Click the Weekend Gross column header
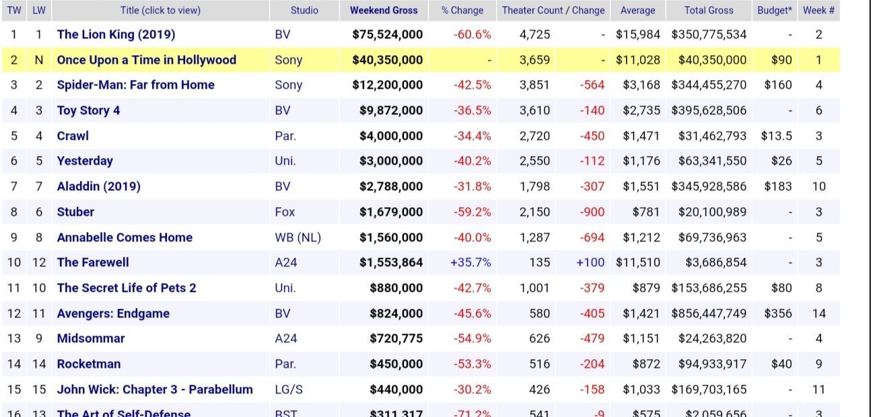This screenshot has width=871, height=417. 384,10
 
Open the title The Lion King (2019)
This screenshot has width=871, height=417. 116,34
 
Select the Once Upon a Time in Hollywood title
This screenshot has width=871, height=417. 146,60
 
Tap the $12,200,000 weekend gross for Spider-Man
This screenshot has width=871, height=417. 387,85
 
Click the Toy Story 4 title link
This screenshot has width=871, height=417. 88,110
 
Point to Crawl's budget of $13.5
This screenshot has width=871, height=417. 776,136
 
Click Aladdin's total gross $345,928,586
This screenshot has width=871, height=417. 708,186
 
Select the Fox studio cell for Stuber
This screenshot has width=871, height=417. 285,212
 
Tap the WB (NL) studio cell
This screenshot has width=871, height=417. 298,237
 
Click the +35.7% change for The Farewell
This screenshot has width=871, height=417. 471,262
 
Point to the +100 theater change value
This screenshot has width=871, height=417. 590,262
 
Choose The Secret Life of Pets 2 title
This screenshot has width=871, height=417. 127,288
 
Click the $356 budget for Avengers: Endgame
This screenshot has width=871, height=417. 777,313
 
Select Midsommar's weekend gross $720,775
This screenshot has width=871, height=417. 396,338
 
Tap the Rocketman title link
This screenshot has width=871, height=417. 89,364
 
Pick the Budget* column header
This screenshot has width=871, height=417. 774,10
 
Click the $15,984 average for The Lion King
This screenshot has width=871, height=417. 637,34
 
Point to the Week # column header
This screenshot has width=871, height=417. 818,10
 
